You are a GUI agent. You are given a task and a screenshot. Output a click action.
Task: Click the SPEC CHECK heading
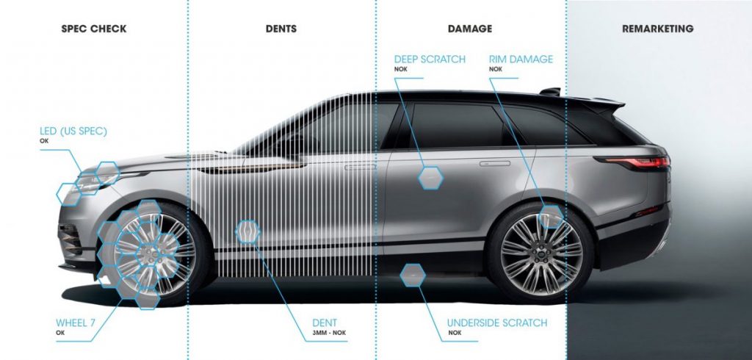tap(94, 29)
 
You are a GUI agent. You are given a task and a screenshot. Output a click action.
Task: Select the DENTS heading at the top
tap(281, 29)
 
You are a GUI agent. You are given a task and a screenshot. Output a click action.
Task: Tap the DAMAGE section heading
tap(469, 29)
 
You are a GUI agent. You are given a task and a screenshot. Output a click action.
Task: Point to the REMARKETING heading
tap(657, 29)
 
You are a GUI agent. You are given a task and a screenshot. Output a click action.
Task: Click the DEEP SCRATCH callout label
tap(430, 60)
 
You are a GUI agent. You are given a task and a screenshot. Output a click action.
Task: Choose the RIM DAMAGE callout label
tap(521, 60)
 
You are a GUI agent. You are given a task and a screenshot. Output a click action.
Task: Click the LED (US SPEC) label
tap(73, 131)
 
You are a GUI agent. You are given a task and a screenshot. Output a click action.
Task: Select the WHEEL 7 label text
tap(76, 323)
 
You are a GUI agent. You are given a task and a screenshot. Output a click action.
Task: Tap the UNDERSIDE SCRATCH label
tap(497, 323)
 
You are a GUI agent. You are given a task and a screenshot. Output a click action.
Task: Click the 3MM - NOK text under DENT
tap(329, 333)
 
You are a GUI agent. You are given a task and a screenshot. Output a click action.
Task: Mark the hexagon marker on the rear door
tap(430, 178)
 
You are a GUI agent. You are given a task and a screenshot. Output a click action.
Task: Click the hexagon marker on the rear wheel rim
tap(551, 217)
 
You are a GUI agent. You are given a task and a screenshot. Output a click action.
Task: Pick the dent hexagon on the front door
tap(247, 232)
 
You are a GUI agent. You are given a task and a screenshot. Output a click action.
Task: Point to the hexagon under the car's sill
tap(413, 275)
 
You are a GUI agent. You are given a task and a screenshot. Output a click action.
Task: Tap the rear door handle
tap(494, 164)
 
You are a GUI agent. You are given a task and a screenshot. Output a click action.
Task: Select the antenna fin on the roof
tap(550, 91)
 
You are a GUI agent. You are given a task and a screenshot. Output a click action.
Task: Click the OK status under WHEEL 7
tap(59, 332)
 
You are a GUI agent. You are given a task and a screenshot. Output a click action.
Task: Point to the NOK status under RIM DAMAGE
tap(496, 69)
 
